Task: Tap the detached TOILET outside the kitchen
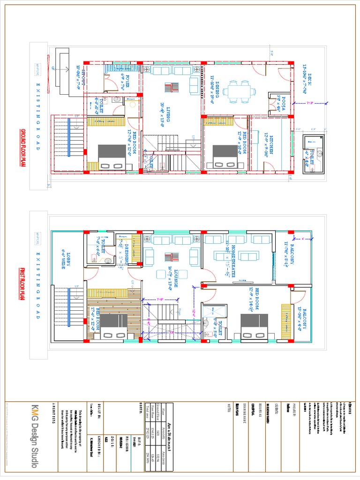tap(313, 153)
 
